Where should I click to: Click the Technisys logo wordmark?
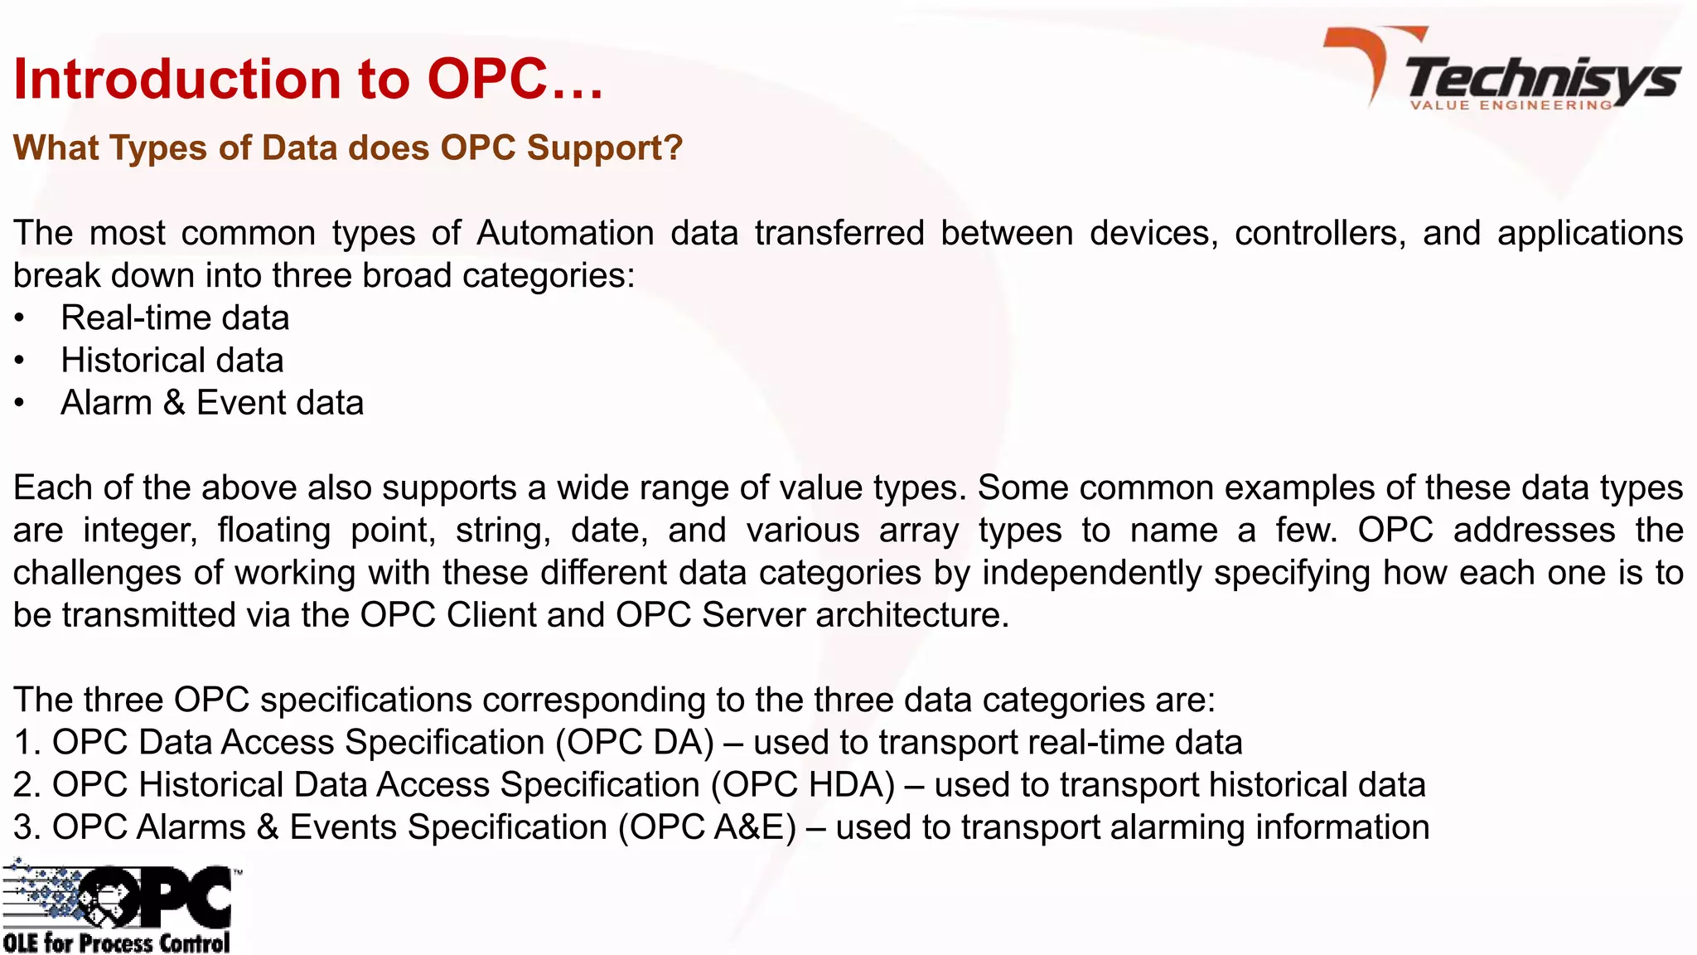pyautogui.click(x=1541, y=78)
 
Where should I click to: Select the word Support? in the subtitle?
pyautogui.click(x=604, y=148)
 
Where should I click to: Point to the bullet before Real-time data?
pyautogui.click(x=20, y=319)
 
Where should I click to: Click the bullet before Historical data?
pyautogui.click(x=20, y=361)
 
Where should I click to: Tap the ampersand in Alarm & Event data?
pyautogui.click(x=173, y=404)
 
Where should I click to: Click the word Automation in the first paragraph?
pyautogui.click(x=565, y=233)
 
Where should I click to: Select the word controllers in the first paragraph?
pyautogui.click(x=1320, y=233)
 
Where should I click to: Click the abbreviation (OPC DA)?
pyautogui.click(x=635, y=743)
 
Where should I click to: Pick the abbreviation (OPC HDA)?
pyautogui.click(x=803, y=785)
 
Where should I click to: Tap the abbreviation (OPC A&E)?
pyautogui.click(x=707, y=827)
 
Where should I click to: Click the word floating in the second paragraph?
pyautogui.click(x=274, y=531)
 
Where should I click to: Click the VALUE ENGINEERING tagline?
pyautogui.click(x=1511, y=105)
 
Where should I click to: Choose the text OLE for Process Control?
pyautogui.click(x=116, y=943)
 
